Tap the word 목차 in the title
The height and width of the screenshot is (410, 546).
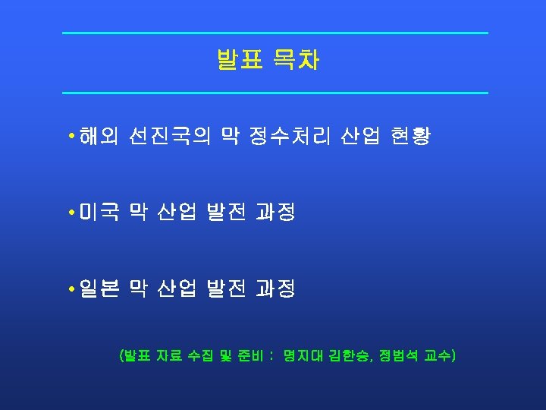tap(297, 61)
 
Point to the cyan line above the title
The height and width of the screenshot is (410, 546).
tap(275, 33)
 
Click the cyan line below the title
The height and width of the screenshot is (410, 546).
tap(275, 93)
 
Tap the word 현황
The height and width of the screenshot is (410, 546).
tap(410, 137)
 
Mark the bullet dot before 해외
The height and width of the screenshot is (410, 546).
tap(70, 137)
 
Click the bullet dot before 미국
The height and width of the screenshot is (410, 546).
tap(70, 213)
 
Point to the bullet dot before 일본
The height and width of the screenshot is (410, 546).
tap(70, 289)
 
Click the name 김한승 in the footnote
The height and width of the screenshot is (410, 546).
tap(347, 355)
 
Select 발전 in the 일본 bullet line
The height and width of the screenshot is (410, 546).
tap(226, 289)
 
